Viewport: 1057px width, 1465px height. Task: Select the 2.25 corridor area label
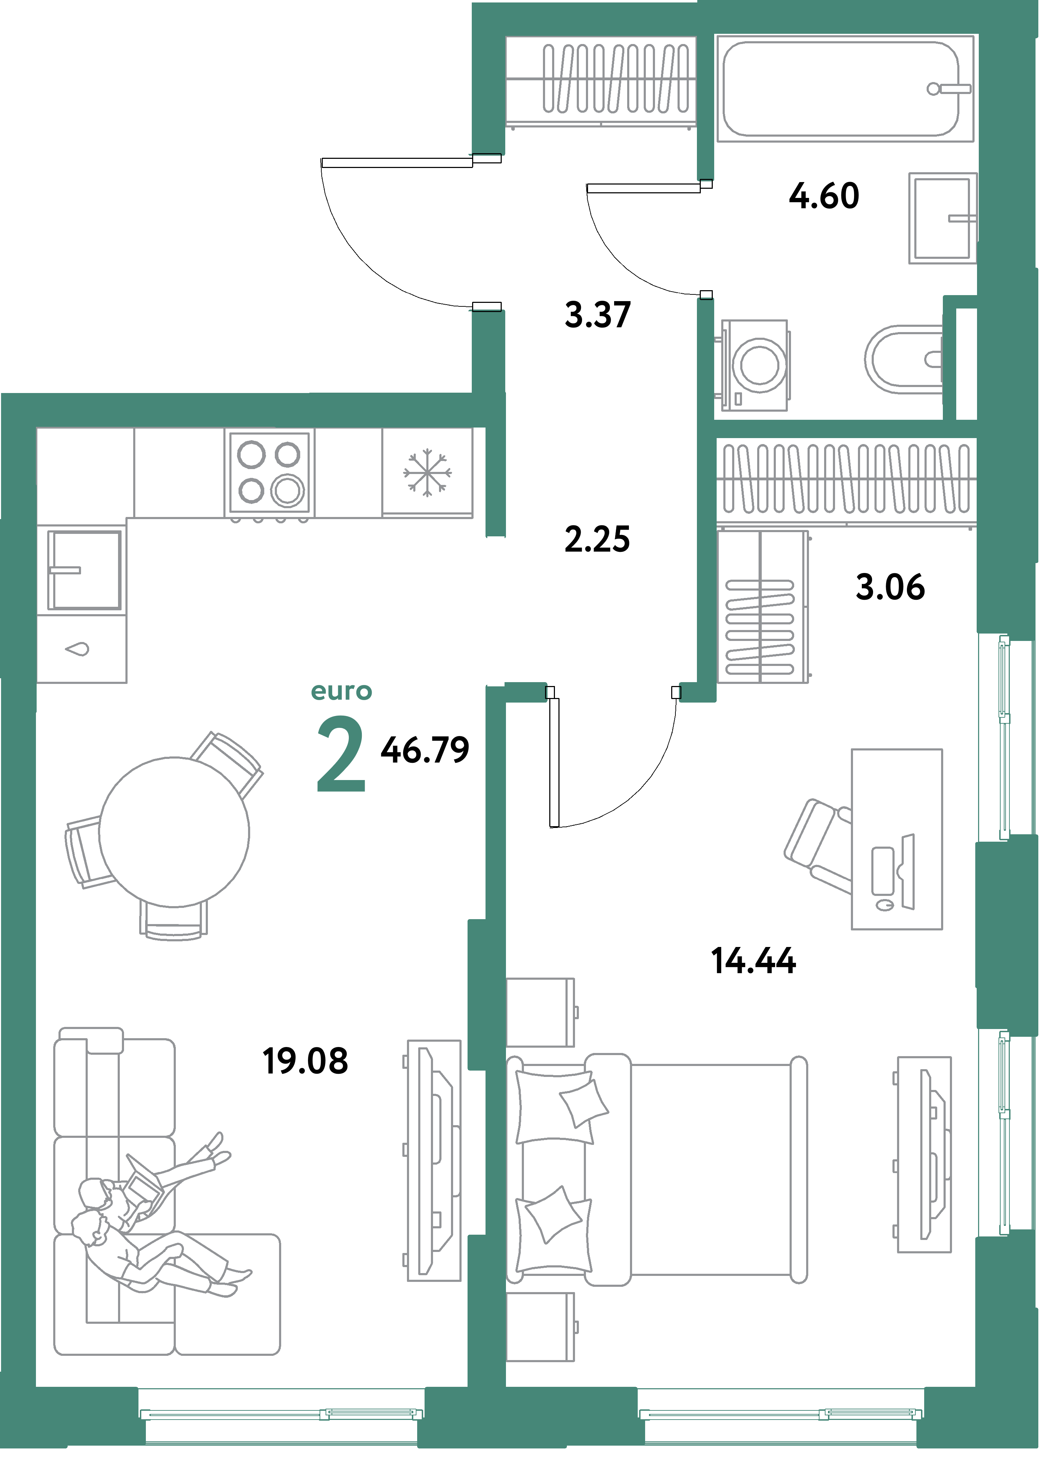pos(597,540)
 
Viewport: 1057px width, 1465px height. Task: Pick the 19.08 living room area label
pos(305,1061)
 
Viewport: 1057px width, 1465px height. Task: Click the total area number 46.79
pos(425,750)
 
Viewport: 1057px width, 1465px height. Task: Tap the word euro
pos(341,691)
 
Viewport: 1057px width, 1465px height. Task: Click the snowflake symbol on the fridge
pos(427,473)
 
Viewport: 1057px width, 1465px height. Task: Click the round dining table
pos(174,832)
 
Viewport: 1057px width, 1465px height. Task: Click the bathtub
pos(840,88)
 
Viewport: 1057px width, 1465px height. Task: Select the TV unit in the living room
pos(433,1160)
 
